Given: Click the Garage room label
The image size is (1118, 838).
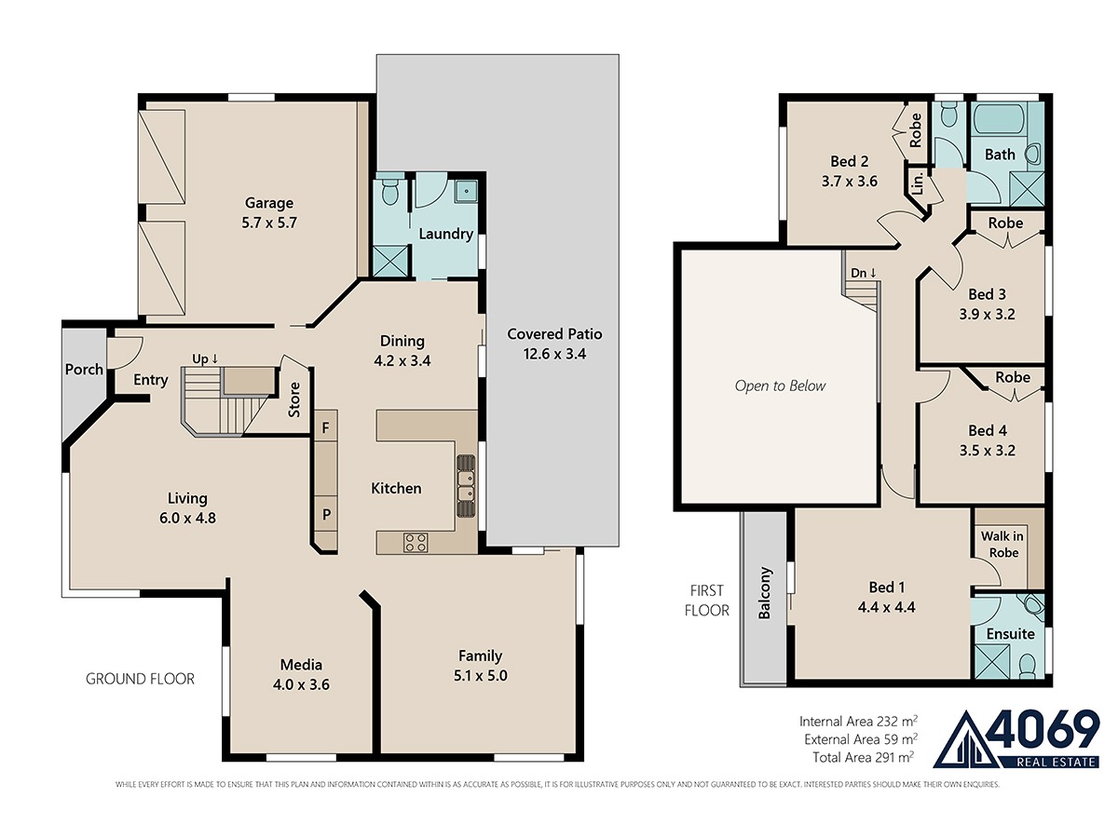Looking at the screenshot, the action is pyautogui.click(x=269, y=203).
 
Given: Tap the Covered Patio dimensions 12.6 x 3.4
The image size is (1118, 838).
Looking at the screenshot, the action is pyautogui.click(x=554, y=354).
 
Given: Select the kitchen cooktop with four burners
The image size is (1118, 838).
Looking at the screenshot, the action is pyautogui.click(x=416, y=543).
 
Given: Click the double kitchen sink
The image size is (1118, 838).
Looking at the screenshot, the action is pyautogui.click(x=466, y=486).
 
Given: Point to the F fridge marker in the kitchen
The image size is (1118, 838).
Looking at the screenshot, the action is pyautogui.click(x=326, y=428).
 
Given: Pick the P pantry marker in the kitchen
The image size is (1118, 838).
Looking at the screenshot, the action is pyautogui.click(x=326, y=514).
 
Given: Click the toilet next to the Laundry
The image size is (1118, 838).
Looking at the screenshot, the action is pyautogui.click(x=390, y=189).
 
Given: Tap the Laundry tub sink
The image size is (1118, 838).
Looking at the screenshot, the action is pyautogui.click(x=466, y=192).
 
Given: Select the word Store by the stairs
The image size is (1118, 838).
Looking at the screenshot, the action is pyautogui.click(x=293, y=400).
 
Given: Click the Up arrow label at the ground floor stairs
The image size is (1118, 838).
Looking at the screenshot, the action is pyautogui.click(x=205, y=358).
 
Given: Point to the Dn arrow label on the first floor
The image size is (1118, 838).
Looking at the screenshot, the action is pyautogui.click(x=864, y=273).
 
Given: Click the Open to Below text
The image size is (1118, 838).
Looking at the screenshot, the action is pyautogui.click(x=780, y=385).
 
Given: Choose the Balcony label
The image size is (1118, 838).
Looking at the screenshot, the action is pyautogui.click(x=765, y=593).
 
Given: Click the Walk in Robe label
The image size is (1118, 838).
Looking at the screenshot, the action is pyautogui.click(x=1002, y=545).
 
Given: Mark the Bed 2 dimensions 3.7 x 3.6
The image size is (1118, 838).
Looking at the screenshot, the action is pyautogui.click(x=849, y=182).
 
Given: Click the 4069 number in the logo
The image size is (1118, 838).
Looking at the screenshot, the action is pyautogui.click(x=1043, y=730).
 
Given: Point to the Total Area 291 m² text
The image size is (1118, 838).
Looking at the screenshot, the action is pyautogui.click(x=863, y=758).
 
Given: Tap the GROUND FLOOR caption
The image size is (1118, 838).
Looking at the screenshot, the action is pyautogui.click(x=140, y=679).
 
